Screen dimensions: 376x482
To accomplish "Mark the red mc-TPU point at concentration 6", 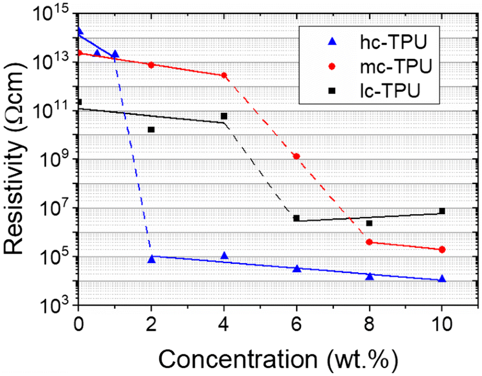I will [x=297, y=156].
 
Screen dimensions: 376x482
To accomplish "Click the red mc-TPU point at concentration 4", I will [x=224, y=75].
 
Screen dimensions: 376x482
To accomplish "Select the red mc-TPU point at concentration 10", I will [x=442, y=250].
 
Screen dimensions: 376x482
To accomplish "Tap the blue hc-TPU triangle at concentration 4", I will [x=224, y=256].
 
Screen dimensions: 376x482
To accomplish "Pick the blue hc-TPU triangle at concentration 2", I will [x=152, y=259].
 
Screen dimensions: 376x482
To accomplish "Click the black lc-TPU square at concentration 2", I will [x=151, y=129].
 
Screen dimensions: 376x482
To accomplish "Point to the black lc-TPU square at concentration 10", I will [x=442, y=211].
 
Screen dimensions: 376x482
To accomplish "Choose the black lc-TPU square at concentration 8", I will [x=369, y=223].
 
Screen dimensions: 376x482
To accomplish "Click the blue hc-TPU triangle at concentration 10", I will [x=442, y=279].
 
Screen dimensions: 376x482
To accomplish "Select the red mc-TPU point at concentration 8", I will [x=369, y=242].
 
